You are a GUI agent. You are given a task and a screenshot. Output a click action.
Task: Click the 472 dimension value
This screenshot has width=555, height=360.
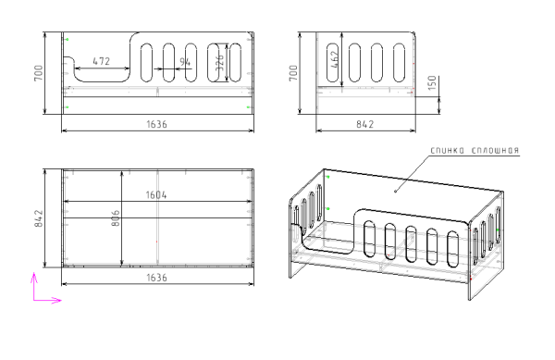[101, 61]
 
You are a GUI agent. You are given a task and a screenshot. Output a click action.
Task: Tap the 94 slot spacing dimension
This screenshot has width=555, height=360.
[185, 62]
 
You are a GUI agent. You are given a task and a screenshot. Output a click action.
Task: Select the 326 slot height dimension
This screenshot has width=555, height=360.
[219, 62]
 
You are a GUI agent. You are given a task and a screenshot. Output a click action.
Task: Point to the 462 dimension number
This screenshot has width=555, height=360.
[334, 59]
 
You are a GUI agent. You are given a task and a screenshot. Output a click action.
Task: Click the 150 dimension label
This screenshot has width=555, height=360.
[432, 83]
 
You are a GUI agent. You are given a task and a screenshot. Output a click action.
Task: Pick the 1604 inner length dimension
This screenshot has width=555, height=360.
[156, 195]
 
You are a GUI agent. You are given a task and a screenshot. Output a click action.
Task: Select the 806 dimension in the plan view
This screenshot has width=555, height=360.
[116, 218]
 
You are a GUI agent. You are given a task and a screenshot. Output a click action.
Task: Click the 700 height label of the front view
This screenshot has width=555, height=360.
[38, 73]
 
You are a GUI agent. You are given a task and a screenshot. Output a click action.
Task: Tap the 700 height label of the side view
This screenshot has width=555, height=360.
[293, 73]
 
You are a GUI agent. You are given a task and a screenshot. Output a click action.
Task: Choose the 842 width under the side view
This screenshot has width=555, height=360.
[365, 124]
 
